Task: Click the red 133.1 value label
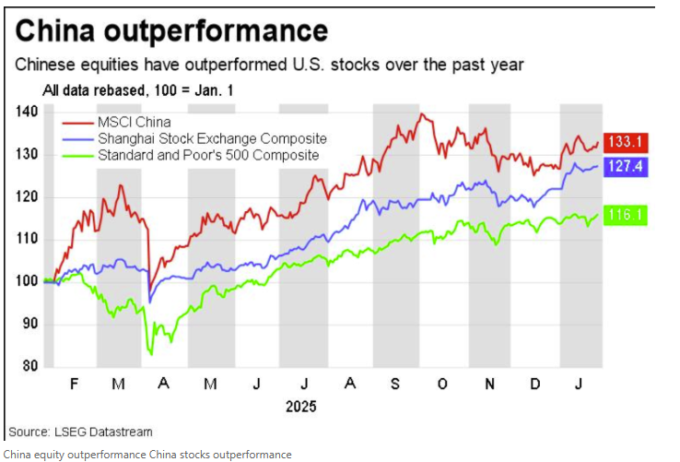tap(626, 142)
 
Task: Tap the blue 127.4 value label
tap(626, 167)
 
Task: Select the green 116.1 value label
tap(626, 215)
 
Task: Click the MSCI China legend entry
tap(117, 122)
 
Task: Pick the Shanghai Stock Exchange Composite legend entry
tap(194, 139)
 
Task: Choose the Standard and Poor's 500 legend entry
tap(191, 156)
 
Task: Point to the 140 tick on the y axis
tap(27, 112)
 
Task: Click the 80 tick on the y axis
tap(29, 366)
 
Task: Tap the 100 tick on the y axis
tap(27, 281)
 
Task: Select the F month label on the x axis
tap(74, 384)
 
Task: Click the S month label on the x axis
tap(394, 384)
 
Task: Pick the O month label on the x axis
tap(442, 384)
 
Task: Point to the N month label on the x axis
tap(489, 384)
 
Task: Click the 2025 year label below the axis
tap(301, 407)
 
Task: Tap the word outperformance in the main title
tap(216, 31)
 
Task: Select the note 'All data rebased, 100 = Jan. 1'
tap(138, 90)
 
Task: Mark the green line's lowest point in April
tap(151, 355)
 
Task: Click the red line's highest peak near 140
tap(421, 114)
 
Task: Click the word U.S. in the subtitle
tap(308, 65)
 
